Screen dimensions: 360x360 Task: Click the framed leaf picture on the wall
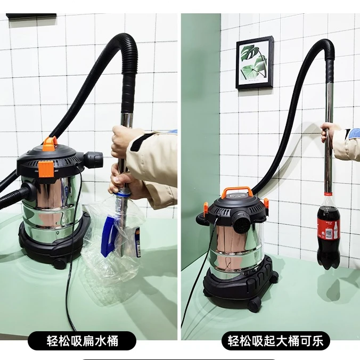pyautogui.click(x=255, y=63)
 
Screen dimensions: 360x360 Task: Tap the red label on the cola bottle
pyautogui.click(x=329, y=227)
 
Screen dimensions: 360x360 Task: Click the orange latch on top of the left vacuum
pyautogui.click(x=50, y=143)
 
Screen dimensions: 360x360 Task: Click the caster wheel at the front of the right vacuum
pyautogui.click(x=255, y=304)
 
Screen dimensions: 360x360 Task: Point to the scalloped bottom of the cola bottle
pyautogui.click(x=328, y=260)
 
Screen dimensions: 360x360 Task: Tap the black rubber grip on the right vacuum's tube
pyautogui.click(x=330, y=71)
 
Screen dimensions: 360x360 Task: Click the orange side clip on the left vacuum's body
pyautogui.click(x=45, y=169)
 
